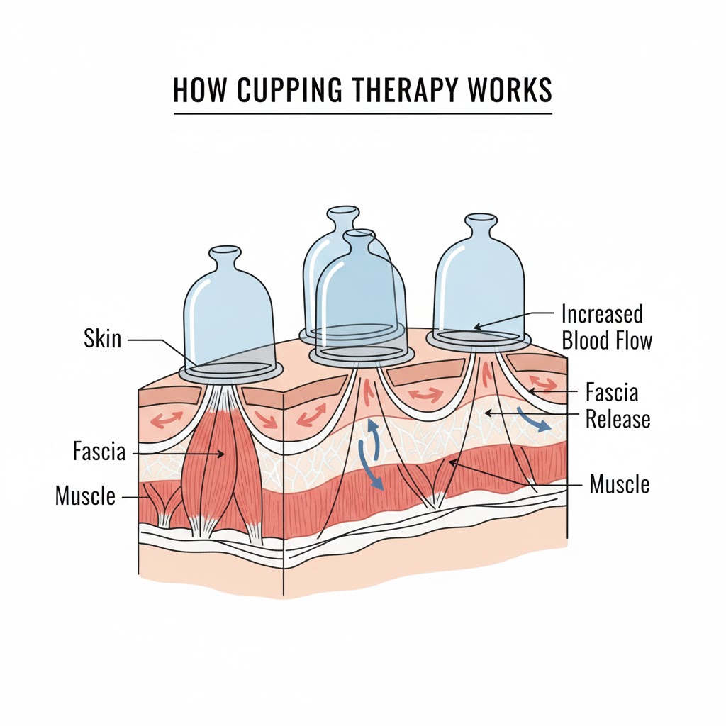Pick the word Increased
tap(602, 313)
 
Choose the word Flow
tap(632, 340)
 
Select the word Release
tap(618, 419)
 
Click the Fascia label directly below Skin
tap(99, 451)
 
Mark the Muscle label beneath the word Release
tap(620, 485)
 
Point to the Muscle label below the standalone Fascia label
tap(85, 496)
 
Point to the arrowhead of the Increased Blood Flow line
tap(476, 328)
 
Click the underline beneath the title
tap(362, 113)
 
